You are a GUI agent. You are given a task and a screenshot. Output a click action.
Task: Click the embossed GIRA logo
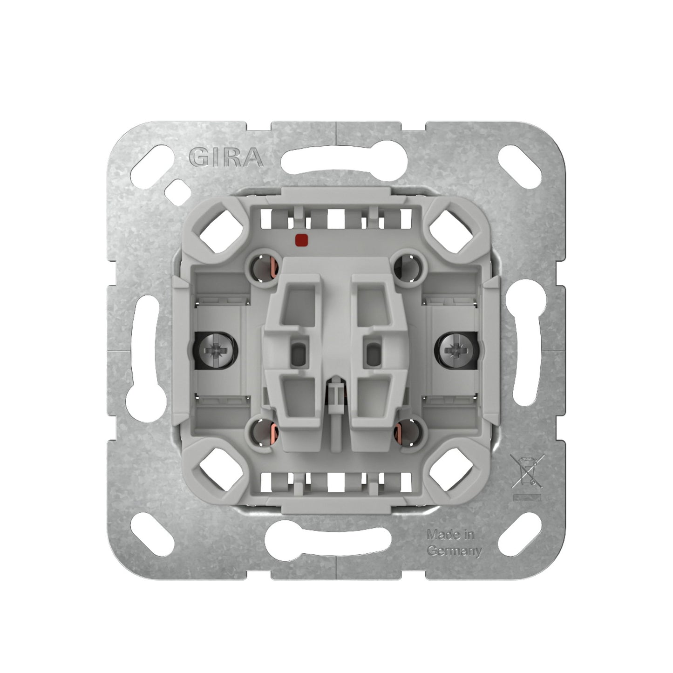click(226, 156)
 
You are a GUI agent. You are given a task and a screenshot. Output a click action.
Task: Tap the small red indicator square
click(301, 239)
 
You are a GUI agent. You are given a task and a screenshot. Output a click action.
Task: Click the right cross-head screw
click(455, 350)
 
